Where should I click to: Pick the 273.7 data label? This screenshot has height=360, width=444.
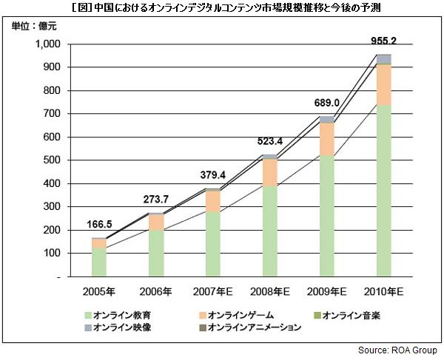point(156,200)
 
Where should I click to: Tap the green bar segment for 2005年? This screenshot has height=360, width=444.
point(99,262)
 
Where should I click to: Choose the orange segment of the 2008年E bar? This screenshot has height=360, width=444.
point(270,172)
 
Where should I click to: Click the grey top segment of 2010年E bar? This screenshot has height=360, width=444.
point(383,59)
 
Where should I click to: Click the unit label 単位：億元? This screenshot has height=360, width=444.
point(34,27)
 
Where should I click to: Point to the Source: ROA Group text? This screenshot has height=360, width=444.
point(397,350)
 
